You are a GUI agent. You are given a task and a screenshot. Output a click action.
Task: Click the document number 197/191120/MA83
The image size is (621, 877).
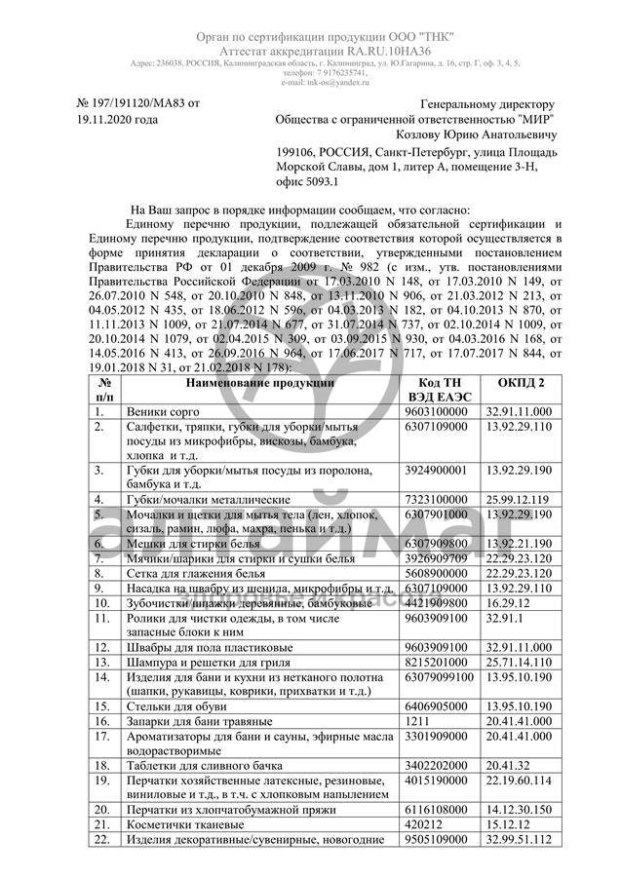[x=137, y=101]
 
